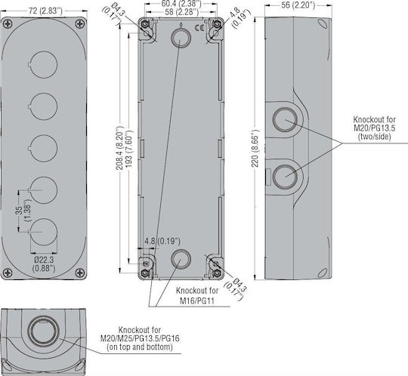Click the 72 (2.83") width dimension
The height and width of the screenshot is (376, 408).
(x=45, y=11)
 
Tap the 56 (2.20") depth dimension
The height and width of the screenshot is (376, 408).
(x=298, y=5)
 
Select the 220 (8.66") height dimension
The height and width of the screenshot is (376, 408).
(x=255, y=148)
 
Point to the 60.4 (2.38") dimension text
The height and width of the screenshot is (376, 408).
(x=181, y=4)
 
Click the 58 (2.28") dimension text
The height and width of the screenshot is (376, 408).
(x=181, y=12)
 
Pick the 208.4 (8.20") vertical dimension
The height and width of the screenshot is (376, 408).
(x=119, y=148)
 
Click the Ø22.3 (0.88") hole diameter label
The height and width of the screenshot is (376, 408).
(x=44, y=264)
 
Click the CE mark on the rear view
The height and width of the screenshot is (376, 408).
(x=199, y=28)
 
